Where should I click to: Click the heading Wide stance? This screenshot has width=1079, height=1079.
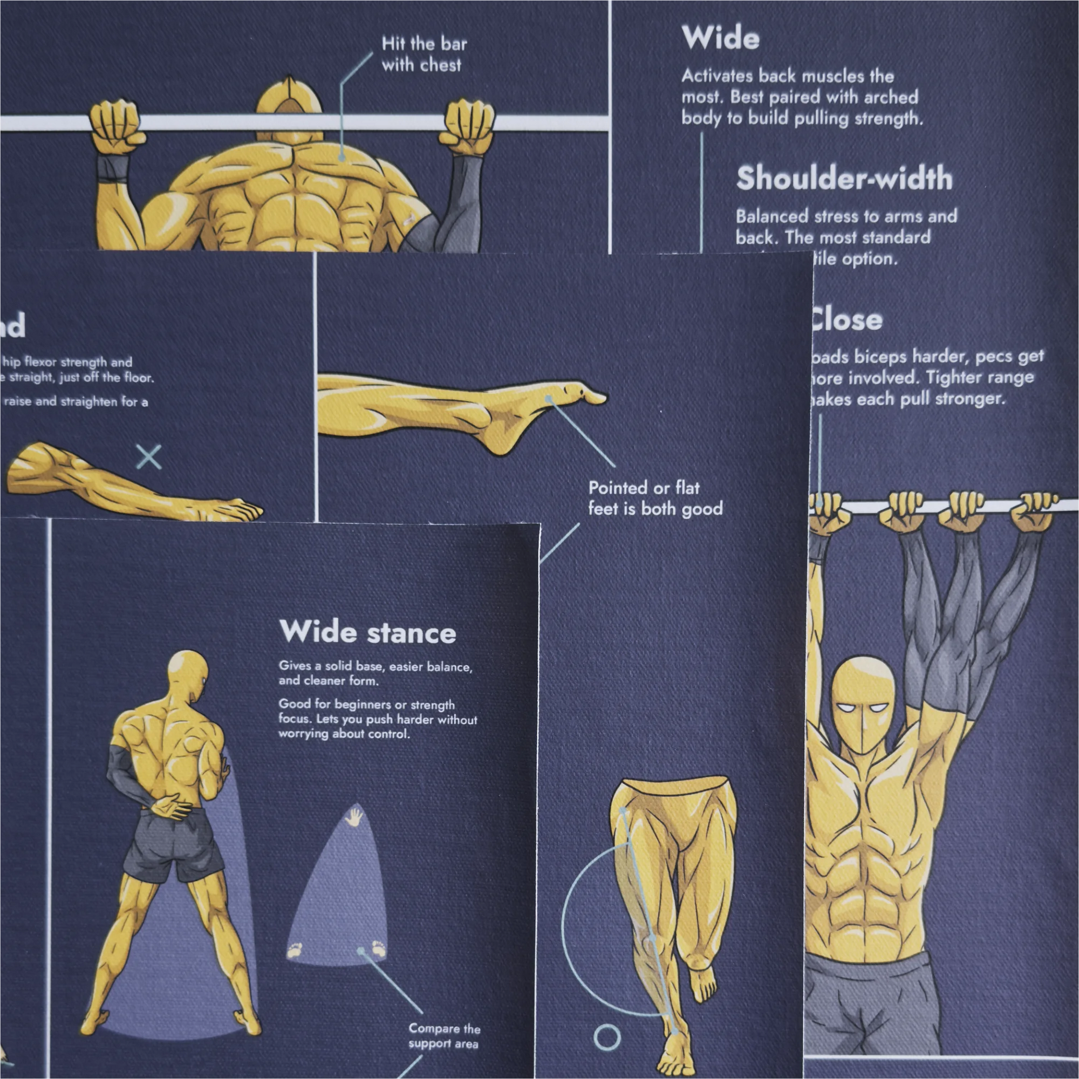[x=367, y=632]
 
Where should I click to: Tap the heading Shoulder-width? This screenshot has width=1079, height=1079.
[x=844, y=179]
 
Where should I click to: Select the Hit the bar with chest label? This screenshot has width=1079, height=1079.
[x=423, y=54]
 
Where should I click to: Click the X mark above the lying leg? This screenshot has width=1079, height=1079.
[x=149, y=457]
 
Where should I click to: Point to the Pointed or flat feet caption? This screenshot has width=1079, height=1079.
[x=654, y=498]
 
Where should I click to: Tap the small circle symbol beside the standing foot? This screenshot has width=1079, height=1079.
[x=606, y=1037]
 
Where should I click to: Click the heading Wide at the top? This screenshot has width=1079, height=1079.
[x=720, y=38]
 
